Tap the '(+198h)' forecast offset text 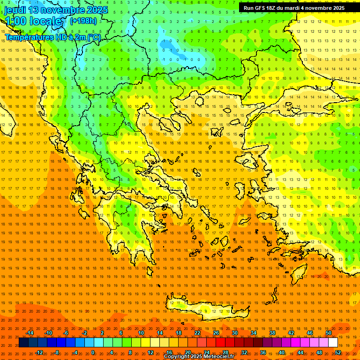(83, 21)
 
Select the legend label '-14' (30, 333)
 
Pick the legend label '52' (338, 352)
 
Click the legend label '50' (329, 333)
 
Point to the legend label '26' (216, 333)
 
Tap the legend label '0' (93, 352)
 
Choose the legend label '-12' (39, 352)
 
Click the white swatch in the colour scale (333, 343)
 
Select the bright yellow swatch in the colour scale (155, 343)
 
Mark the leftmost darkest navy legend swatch (23, 343)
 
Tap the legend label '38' (272, 333)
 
